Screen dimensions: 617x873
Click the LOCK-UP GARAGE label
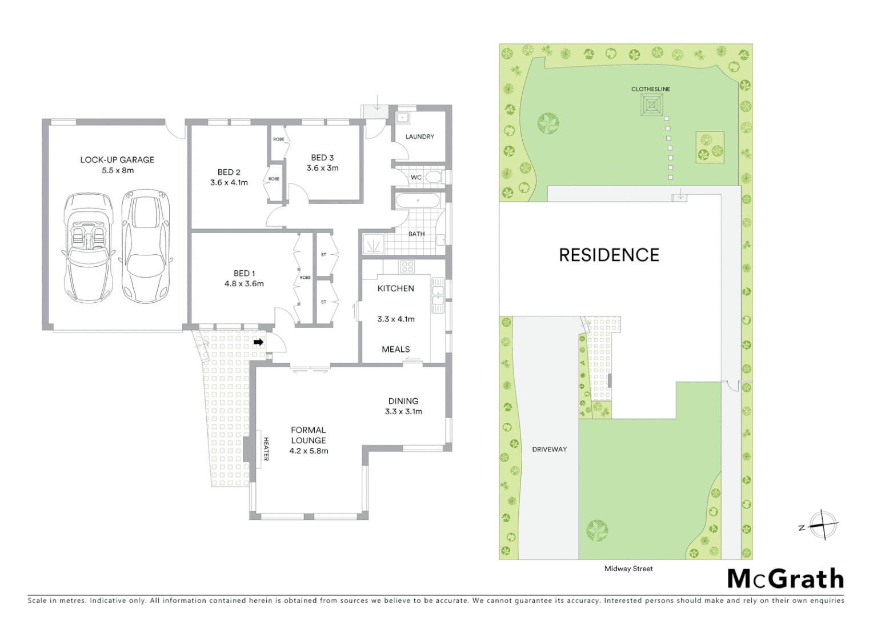(117, 160)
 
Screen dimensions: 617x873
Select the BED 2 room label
(229, 172)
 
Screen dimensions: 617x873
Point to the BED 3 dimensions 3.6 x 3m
(322, 168)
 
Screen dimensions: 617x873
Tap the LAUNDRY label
(419, 137)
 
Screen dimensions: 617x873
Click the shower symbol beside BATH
(373, 246)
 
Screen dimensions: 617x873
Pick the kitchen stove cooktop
(407, 267)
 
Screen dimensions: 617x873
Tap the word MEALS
(395, 349)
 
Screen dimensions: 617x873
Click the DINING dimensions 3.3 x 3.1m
(403, 411)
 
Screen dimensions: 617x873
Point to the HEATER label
(266, 449)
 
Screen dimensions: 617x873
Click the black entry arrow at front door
(258, 342)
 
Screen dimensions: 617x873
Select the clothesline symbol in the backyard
(651, 105)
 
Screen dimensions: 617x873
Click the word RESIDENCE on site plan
(608, 255)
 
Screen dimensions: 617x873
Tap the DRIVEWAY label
(549, 449)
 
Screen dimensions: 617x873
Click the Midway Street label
(628, 568)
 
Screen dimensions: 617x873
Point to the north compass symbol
(822, 525)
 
